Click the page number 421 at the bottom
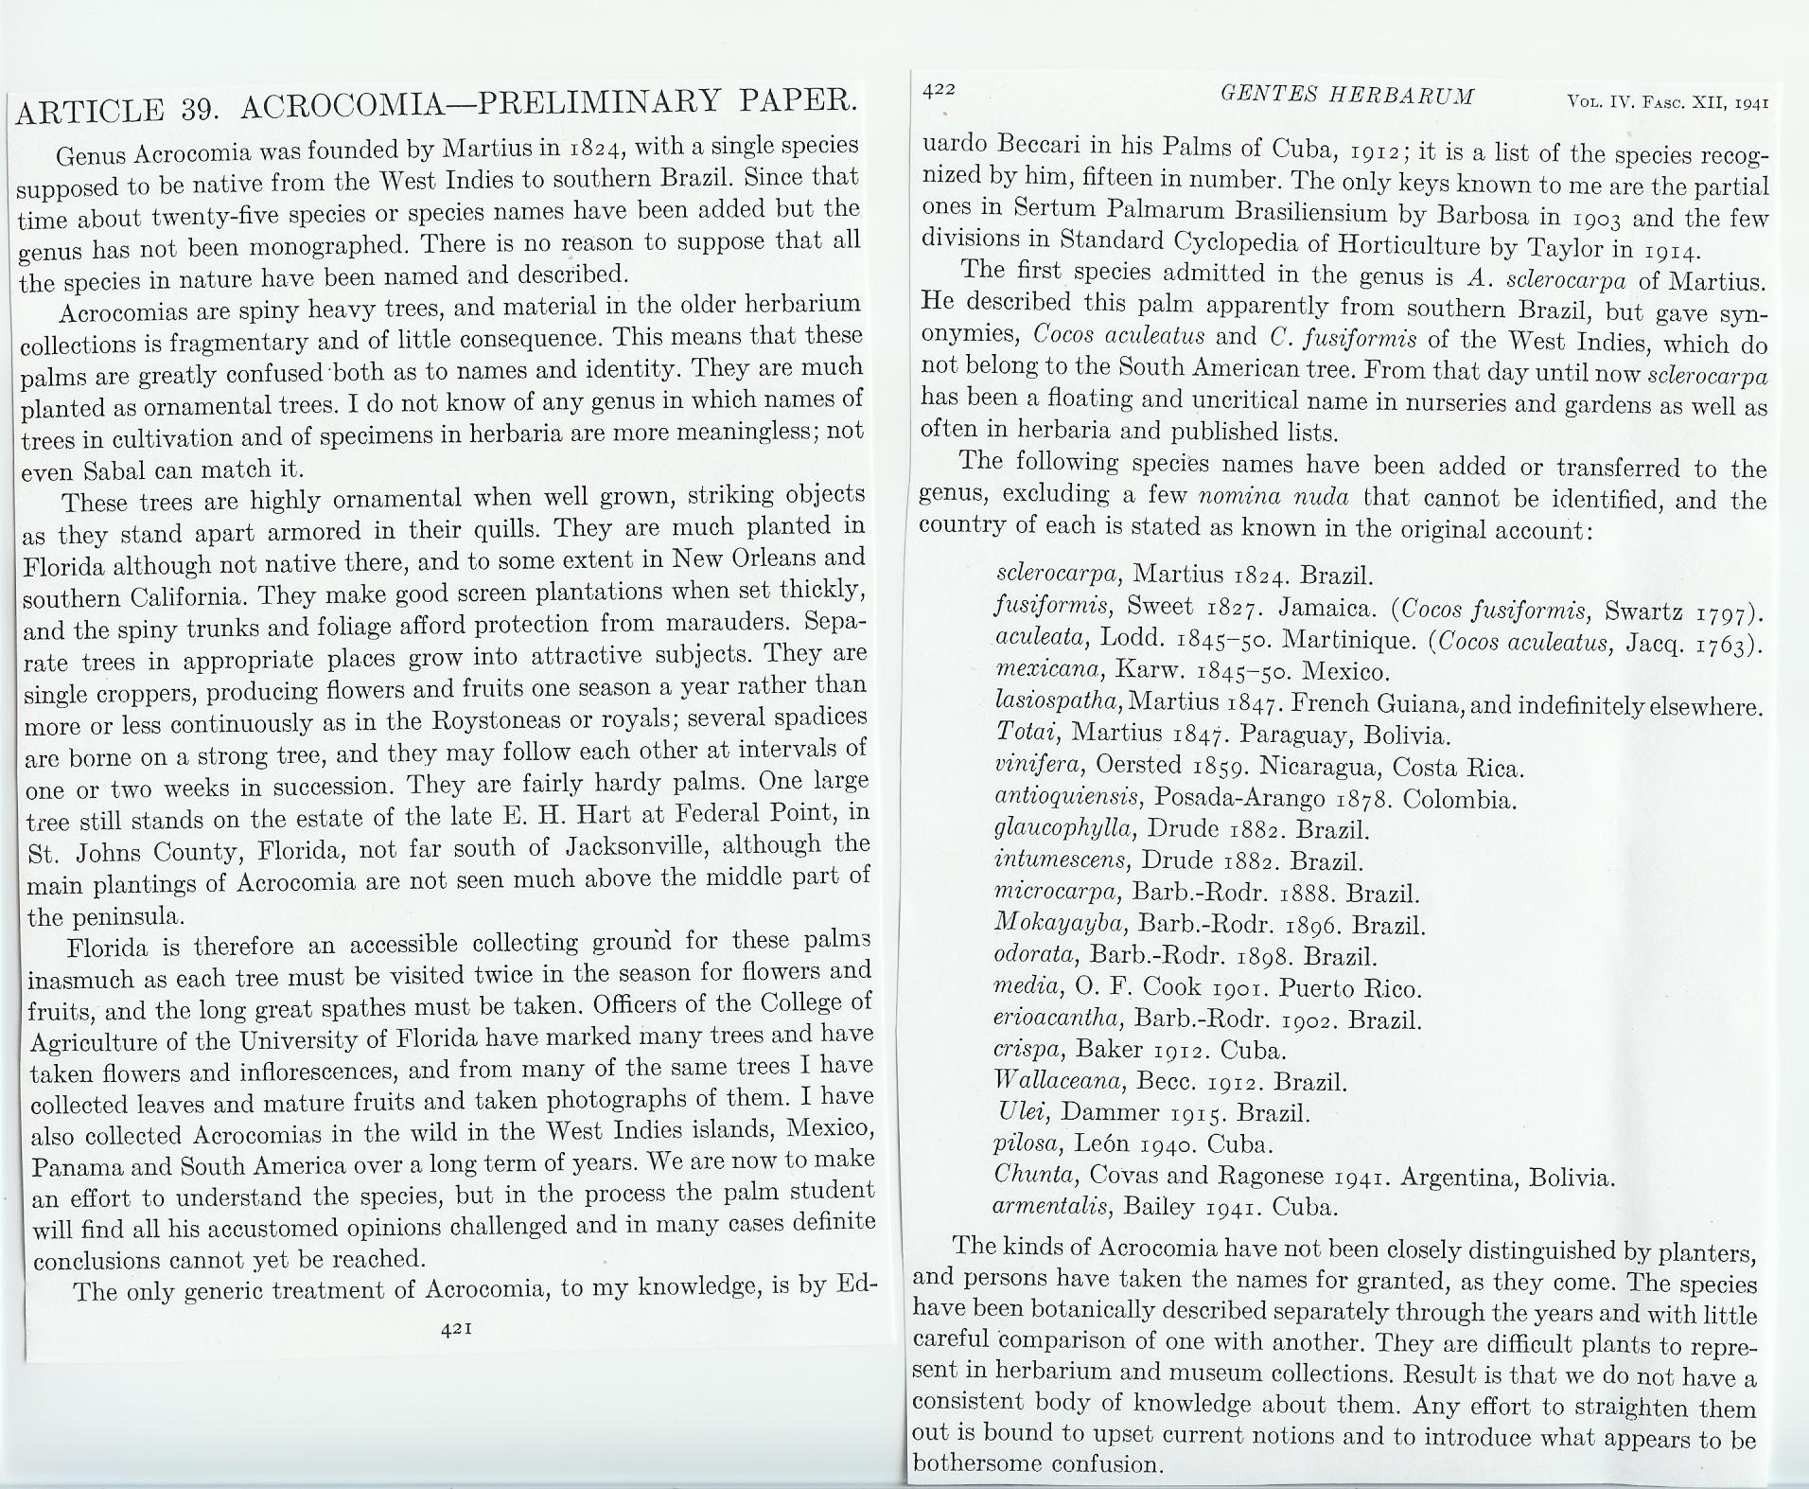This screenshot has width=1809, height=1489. click(x=457, y=1328)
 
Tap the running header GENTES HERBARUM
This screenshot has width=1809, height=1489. click(x=1346, y=95)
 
